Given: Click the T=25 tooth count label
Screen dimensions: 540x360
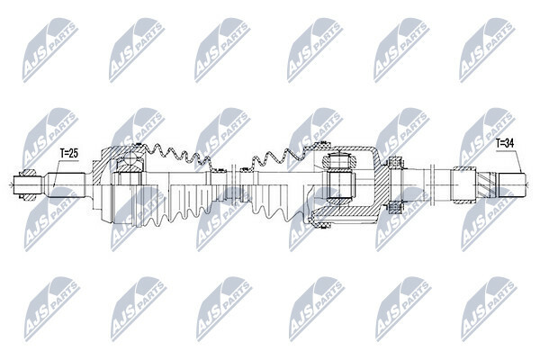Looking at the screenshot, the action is [69, 153].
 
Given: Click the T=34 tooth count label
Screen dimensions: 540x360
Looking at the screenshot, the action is [505, 143].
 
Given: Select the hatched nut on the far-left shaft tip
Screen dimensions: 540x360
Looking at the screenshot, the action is [28, 185].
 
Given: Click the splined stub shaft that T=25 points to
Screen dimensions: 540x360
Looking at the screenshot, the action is [66, 185].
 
